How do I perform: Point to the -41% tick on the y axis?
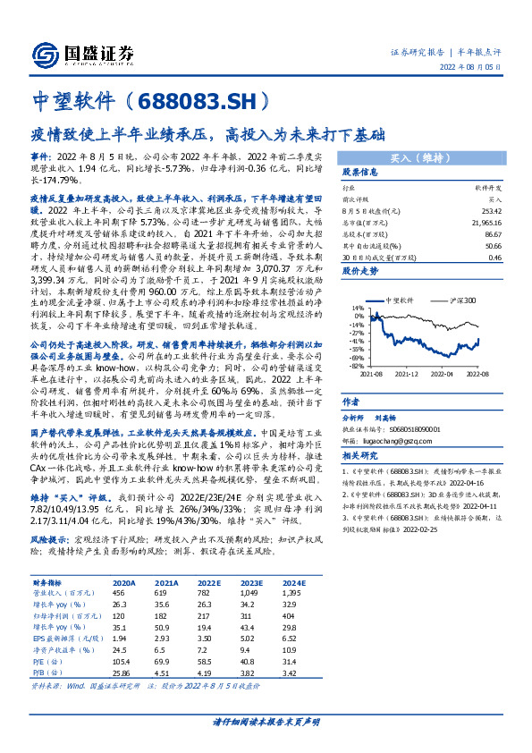click(x=357, y=341)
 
